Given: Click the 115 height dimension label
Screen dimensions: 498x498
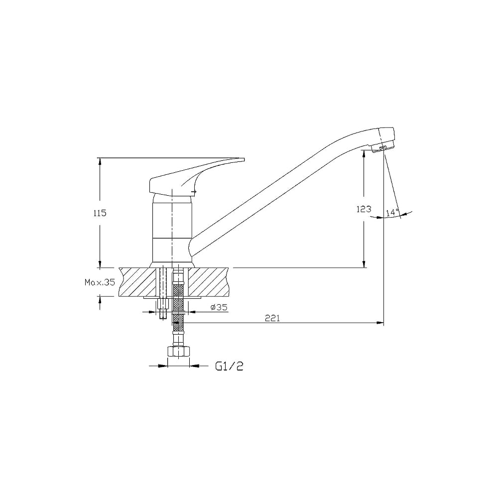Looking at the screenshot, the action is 100,213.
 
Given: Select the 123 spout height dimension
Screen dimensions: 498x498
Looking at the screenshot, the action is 364,209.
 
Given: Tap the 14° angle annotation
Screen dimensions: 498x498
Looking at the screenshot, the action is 392,213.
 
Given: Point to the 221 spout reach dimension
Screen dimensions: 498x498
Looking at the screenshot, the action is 272,318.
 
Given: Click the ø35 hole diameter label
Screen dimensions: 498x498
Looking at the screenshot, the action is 219,307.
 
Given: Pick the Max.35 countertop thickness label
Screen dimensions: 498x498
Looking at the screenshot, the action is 100,282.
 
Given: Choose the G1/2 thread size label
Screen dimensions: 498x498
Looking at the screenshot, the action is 229,367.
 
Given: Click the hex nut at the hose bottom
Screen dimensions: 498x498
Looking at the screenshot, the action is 178,352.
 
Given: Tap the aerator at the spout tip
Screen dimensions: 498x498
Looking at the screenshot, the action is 383,148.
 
